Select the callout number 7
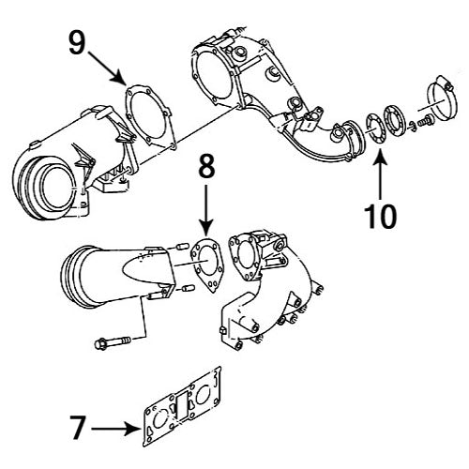[80, 429]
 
